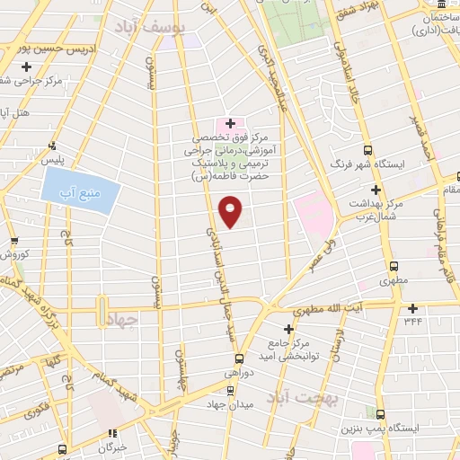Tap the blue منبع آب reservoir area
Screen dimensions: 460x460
79,191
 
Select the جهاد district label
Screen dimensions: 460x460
123,319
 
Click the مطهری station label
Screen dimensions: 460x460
395,280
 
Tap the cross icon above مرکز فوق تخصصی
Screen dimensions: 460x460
229,123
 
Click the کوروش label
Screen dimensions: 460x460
15,255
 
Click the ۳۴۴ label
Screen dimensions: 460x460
412,320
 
